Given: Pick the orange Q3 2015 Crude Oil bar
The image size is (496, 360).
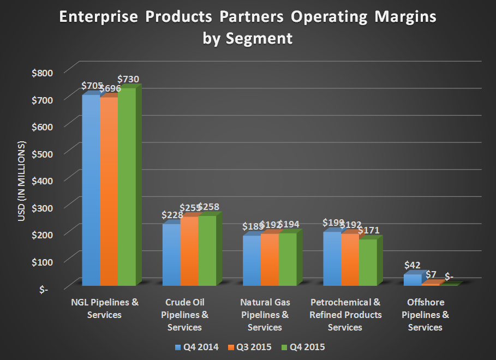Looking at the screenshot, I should coord(189,251).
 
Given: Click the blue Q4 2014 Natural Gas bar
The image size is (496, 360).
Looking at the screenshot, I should coord(252,260).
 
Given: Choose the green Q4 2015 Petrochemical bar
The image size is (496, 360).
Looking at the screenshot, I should coord(368,262).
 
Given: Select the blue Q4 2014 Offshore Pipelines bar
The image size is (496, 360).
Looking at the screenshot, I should coord(412,279).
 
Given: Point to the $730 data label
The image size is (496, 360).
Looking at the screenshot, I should coord(129,80).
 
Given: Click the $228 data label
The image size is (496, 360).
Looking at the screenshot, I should coord(173,214).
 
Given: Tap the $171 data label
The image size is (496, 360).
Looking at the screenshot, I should coord(369,230).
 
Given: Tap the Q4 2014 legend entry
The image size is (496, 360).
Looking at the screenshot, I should coord(196,347).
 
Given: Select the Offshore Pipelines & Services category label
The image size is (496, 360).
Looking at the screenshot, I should coord(425,315).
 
